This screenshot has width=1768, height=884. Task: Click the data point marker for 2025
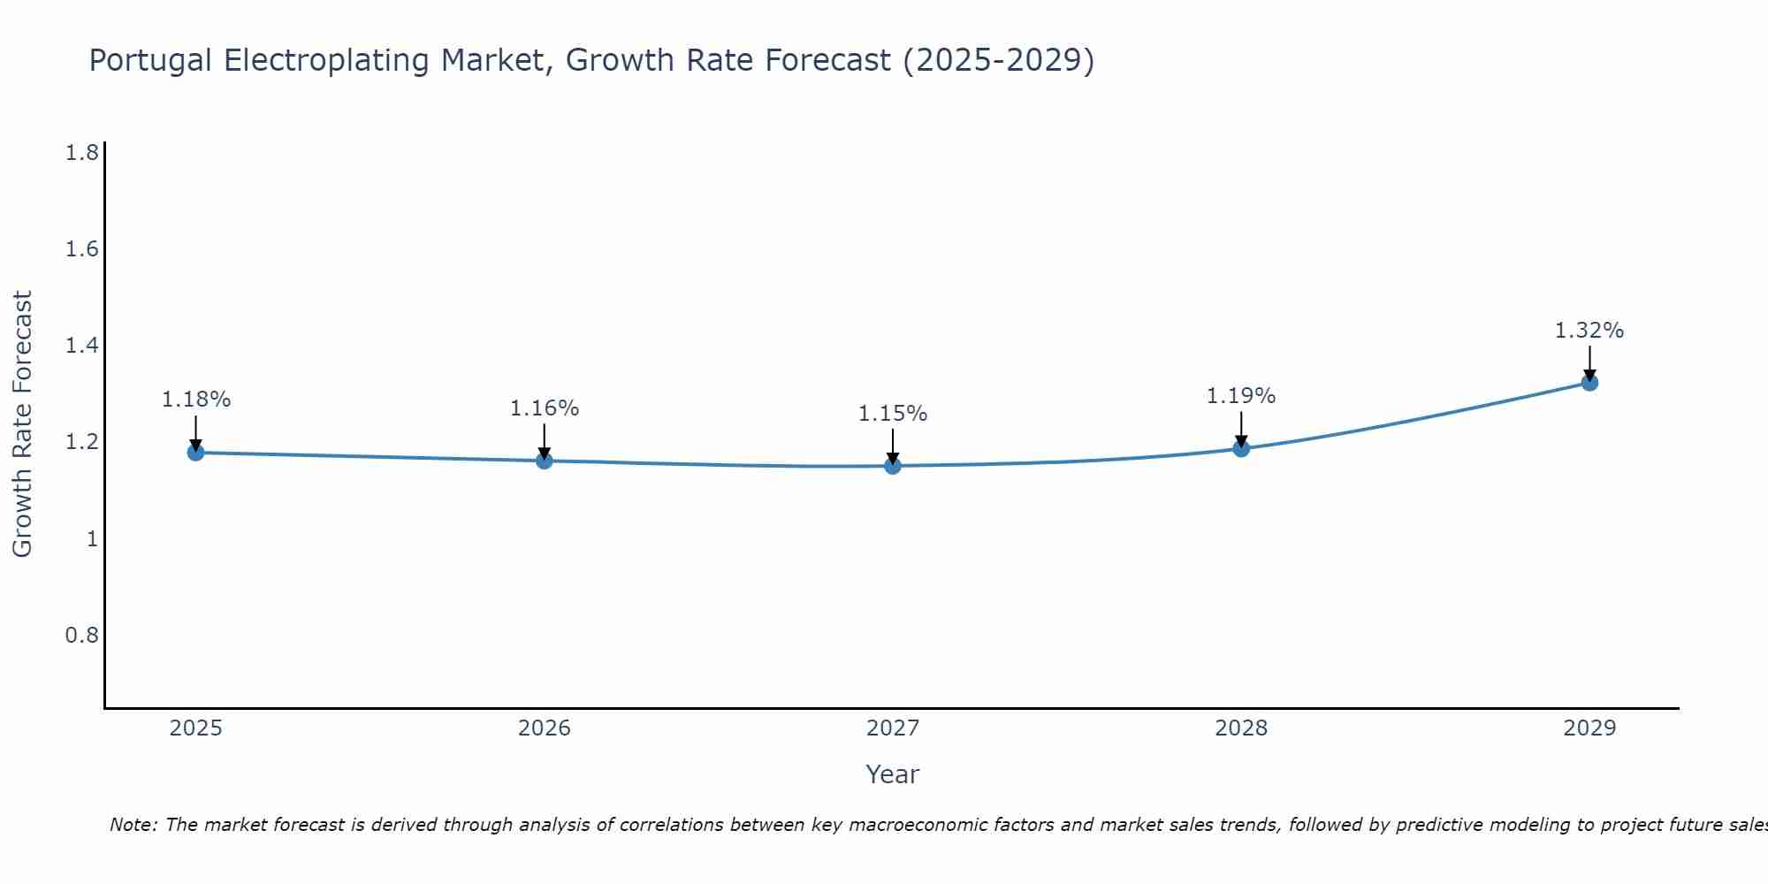195,453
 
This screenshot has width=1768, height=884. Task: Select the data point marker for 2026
545,461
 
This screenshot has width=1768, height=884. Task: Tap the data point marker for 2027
893,466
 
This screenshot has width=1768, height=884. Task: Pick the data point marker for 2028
1241,448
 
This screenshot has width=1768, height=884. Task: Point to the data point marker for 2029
1589,383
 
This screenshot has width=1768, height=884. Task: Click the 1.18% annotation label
195,400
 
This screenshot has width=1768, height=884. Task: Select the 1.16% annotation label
545,408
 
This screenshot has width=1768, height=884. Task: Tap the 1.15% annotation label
893,414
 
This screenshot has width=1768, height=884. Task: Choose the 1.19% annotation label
1241,396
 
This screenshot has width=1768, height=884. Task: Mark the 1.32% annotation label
1589,331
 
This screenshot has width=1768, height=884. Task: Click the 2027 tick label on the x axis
893,728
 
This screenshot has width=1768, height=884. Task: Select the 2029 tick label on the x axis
1589,728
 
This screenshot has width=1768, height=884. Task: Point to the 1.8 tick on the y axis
82,153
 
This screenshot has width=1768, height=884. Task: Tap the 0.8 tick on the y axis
82,635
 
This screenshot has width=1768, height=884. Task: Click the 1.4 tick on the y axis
82,346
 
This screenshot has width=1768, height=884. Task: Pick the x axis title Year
893,774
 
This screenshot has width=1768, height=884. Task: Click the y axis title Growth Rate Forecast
22,424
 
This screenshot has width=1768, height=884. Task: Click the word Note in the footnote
133,825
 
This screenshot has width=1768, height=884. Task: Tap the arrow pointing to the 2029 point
1589,362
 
